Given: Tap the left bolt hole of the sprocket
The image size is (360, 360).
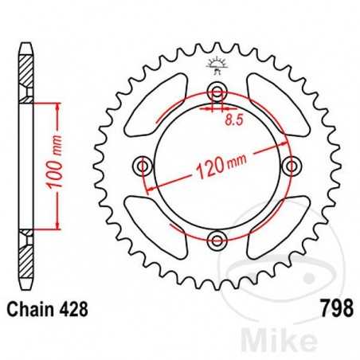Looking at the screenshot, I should click(x=144, y=166).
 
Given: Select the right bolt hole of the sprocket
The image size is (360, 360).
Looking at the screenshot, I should click(x=293, y=166).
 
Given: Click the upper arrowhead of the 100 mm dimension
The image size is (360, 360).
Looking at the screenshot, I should click(x=57, y=107).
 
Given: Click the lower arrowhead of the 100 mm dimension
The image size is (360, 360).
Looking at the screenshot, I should click(x=57, y=225).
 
